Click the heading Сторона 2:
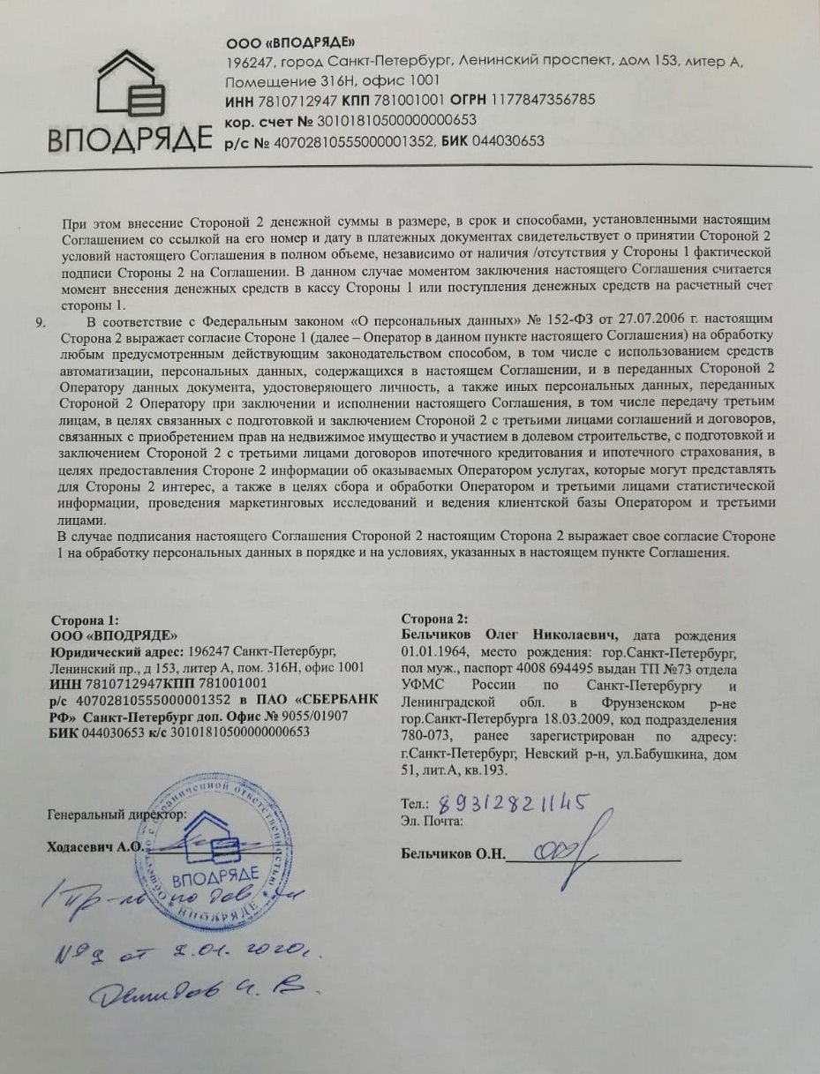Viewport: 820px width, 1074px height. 434,619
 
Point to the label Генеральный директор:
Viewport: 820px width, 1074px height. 117,815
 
